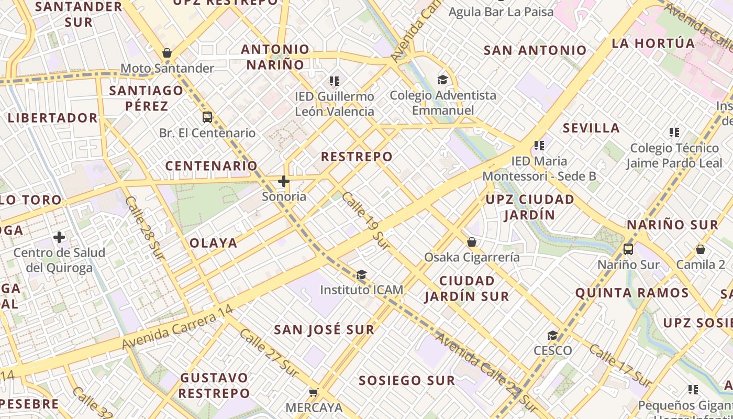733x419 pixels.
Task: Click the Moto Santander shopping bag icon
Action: (167, 53)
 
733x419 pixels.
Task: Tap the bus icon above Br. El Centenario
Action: (207, 117)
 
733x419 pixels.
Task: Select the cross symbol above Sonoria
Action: (284, 181)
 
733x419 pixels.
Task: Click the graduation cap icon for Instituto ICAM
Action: (361, 274)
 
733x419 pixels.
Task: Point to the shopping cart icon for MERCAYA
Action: (313, 392)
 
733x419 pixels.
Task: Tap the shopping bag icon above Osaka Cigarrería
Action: (472, 241)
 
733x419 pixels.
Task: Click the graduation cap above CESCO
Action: (552, 335)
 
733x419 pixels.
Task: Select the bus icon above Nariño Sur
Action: (628, 249)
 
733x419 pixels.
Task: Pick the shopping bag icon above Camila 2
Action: (701, 249)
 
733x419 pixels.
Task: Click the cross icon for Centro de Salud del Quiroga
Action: (59, 237)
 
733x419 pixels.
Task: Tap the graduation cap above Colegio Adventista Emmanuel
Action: (443, 80)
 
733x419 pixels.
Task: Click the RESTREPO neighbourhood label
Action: (357, 157)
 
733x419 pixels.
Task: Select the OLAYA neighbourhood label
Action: (214, 243)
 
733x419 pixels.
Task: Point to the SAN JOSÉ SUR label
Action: (325, 329)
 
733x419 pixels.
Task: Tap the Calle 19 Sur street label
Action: (366, 220)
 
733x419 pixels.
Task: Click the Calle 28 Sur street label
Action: (145, 227)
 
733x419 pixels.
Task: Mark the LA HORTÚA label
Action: (653, 43)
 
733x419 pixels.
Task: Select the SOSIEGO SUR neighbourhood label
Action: (407, 380)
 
